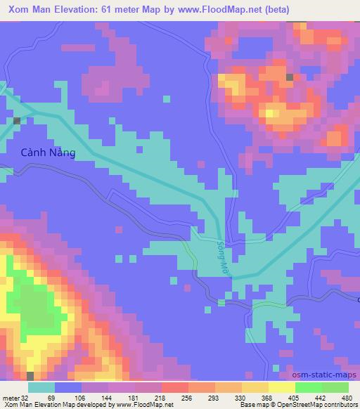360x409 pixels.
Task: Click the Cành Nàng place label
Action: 49,152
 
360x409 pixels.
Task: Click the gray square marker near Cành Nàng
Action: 17,120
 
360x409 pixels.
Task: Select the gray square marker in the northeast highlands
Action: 290,77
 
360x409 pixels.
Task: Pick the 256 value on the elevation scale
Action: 187,397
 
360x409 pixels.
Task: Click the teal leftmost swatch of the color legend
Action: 41,387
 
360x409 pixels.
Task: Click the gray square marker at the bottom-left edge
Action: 30,376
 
